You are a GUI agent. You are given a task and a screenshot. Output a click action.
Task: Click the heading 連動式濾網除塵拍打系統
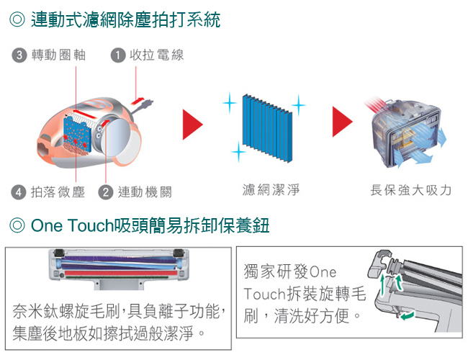pos(125,20)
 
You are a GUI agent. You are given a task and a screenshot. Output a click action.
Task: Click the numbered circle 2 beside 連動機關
pos(107,192)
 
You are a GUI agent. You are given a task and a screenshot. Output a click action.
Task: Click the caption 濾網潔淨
pos(271,190)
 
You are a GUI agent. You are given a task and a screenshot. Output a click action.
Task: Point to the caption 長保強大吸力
pos(410,190)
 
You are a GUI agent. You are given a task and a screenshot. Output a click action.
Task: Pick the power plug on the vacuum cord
pos(148,104)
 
